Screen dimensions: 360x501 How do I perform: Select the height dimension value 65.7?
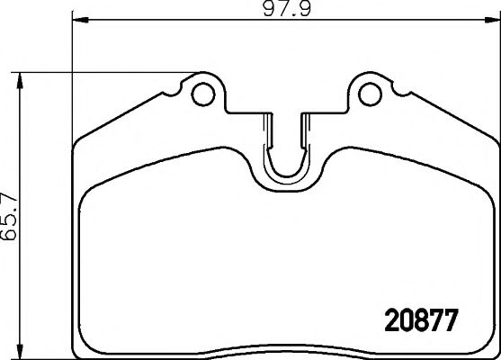tap(10, 212)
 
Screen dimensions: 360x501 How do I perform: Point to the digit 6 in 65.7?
tap(10, 235)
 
